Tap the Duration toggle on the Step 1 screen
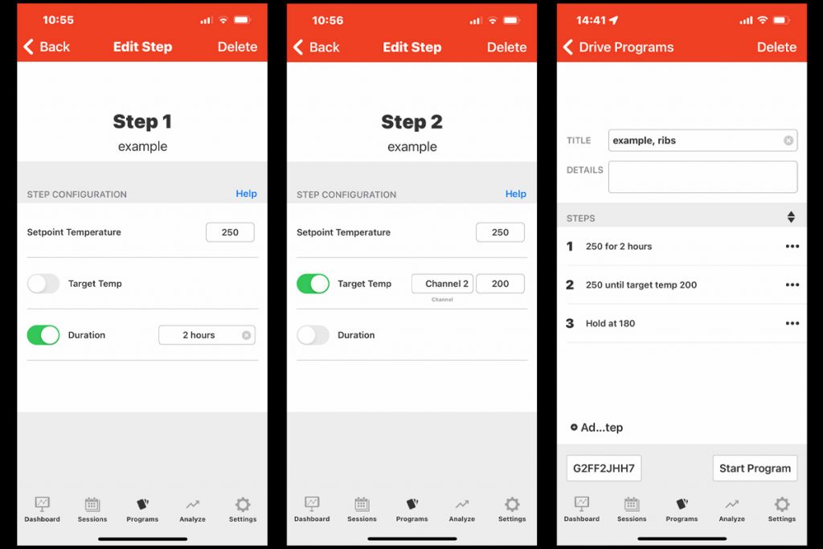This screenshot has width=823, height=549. (43, 335)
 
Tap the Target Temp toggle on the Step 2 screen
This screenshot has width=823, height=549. (313, 284)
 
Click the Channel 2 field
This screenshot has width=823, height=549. (442, 284)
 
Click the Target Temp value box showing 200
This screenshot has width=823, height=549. (500, 284)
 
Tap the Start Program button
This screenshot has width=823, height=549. (755, 468)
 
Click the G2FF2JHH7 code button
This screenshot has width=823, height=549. (604, 468)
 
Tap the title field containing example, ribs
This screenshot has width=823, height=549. (696, 141)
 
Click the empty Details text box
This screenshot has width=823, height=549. (702, 177)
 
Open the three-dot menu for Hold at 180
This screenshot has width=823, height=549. (792, 323)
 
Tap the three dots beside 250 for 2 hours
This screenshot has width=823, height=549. (792, 247)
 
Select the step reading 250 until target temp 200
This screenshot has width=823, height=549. (641, 285)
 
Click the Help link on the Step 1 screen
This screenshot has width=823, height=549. (246, 194)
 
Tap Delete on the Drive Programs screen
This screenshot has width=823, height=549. (776, 47)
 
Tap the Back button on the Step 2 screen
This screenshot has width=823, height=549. (316, 47)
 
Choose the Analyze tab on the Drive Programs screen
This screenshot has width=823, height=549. (731, 508)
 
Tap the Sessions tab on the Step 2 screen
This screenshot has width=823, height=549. (362, 508)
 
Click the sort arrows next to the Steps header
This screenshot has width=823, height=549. (791, 217)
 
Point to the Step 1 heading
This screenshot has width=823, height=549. (142, 121)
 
